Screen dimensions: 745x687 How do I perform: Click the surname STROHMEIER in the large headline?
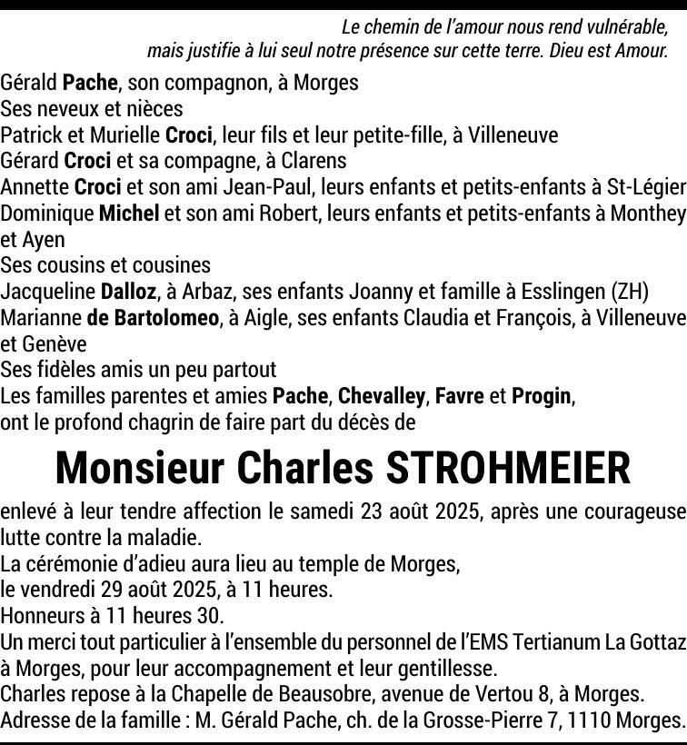tap(508, 468)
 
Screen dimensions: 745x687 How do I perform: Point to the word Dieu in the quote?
tap(571, 51)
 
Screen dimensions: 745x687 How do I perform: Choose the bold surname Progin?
tap(542, 396)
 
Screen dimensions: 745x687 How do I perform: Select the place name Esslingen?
tap(563, 292)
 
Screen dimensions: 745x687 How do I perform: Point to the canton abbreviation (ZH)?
tap(631, 292)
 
